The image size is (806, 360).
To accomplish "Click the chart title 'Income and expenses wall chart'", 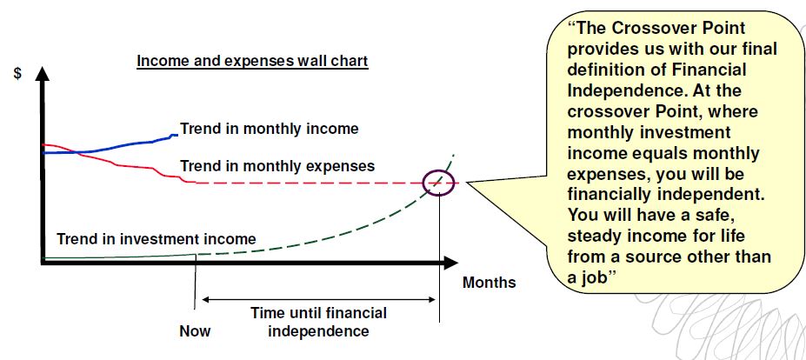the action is pyautogui.click(x=252, y=61).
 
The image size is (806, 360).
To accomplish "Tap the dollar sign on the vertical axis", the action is pyautogui.click(x=18, y=74).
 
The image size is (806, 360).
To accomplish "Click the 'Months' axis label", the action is pyautogui.click(x=490, y=283).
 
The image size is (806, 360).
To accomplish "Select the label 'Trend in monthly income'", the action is pyautogui.click(x=269, y=129).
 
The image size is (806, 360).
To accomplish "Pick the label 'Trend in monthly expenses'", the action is pyautogui.click(x=277, y=166).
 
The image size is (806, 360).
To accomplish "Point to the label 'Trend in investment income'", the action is pyautogui.click(x=157, y=239).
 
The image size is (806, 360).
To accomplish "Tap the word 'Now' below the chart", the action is pyautogui.click(x=195, y=330).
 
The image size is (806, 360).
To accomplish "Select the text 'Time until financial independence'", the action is pyautogui.click(x=319, y=322).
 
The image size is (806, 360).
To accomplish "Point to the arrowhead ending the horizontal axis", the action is pyautogui.click(x=450, y=263).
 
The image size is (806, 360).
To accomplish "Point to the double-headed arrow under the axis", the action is pyautogui.click(x=319, y=299).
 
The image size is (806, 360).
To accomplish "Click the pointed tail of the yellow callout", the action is pyautogui.click(x=468, y=182).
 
